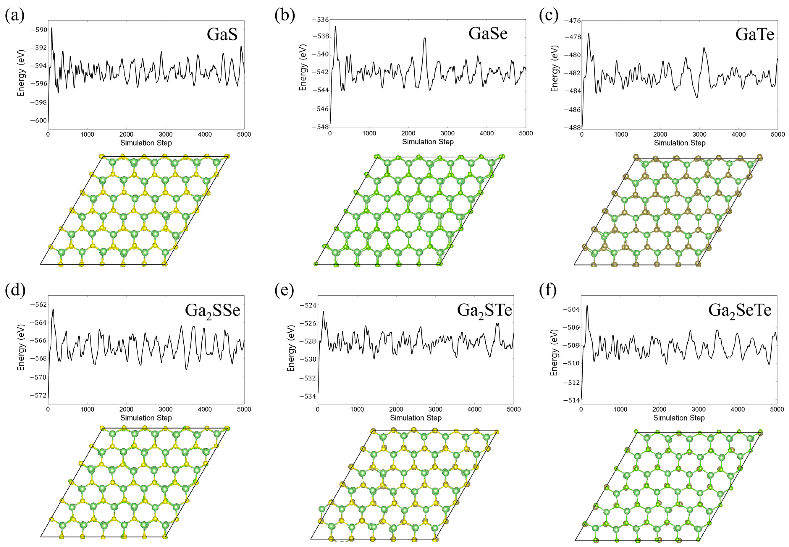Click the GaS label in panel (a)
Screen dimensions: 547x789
click(x=222, y=34)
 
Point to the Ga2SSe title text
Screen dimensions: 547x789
click(x=212, y=311)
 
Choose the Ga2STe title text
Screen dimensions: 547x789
click(x=484, y=311)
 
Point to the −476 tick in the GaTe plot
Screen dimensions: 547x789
click(x=572, y=21)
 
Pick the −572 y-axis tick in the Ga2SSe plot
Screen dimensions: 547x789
click(x=38, y=395)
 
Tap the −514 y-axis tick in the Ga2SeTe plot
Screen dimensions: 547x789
click(x=571, y=400)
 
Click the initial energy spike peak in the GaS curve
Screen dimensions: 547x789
click(x=52, y=28)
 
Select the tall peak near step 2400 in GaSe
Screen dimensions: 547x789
click(x=425, y=38)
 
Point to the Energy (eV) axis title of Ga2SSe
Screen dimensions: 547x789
click(x=21, y=347)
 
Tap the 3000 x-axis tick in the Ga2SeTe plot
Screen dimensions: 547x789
click(x=699, y=409)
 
